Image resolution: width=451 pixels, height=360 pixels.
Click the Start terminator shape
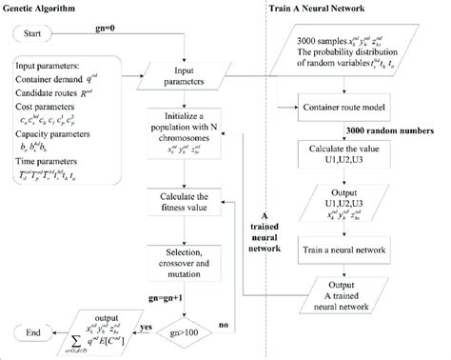[42, 36]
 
